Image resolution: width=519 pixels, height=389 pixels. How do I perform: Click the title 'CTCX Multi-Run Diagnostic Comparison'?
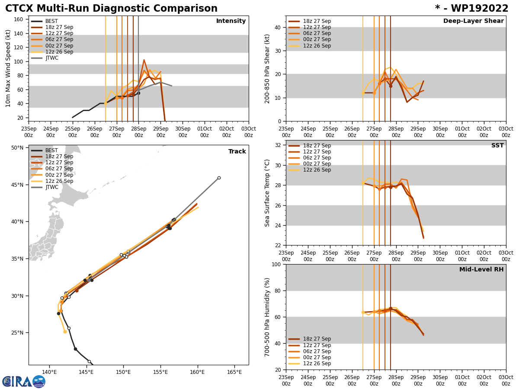coord(111,9)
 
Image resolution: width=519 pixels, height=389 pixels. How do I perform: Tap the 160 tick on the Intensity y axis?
coord(19,19)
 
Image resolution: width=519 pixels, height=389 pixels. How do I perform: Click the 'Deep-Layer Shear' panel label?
coord(473,21)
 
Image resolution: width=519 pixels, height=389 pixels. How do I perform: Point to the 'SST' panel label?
coord(497,146)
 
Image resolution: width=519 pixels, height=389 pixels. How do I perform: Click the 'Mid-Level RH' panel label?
coord(481,270)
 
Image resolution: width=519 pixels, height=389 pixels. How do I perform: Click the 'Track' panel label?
coord(237,152)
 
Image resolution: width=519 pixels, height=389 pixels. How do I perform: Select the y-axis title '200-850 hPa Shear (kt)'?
coord(268,68)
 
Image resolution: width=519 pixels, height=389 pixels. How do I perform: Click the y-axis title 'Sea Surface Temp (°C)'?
coord(268,193)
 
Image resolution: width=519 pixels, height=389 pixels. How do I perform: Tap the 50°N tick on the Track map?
coord(17,148)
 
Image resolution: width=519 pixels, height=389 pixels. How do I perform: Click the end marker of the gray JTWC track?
coord(219,178)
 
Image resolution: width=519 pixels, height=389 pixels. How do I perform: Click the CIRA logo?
coord(24,382)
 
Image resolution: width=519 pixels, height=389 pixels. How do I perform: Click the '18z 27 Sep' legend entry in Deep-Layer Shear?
coord(317,21)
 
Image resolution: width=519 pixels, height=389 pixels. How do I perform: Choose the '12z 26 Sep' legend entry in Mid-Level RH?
coord(317,363)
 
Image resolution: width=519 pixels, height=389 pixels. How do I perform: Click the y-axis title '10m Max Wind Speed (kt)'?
coord(8,68)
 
